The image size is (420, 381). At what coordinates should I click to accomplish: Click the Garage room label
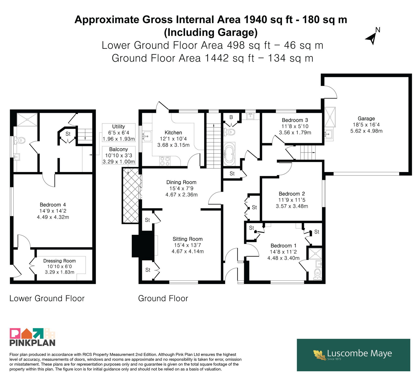click(366, 119)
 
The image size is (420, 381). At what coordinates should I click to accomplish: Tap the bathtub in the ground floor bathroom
click(230, 154)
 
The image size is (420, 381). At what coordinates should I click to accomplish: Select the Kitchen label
click(173, 133)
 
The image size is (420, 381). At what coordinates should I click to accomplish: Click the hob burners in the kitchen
click(165, 161)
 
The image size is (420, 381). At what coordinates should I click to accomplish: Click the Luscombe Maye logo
click(353, 355)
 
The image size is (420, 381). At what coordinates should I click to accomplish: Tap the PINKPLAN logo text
click(33, 343)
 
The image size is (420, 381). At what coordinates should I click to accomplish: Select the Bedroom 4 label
click(53, 205)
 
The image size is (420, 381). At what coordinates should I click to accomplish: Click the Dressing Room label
click(60, 261)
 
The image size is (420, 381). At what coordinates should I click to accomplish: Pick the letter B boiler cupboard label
click(231, 117)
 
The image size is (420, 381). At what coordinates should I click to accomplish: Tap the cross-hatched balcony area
click(130, 196)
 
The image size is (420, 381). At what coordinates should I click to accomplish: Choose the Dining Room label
click(181, 182)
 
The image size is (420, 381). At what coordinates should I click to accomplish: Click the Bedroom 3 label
click(295, 120)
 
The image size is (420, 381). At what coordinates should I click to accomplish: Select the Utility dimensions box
click(119, 133)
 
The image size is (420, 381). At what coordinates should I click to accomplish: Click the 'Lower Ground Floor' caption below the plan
click(47, 299)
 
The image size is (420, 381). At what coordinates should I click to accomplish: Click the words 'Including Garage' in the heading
click(211, 32)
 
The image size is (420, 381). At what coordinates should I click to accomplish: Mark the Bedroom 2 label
click(292, 194)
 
